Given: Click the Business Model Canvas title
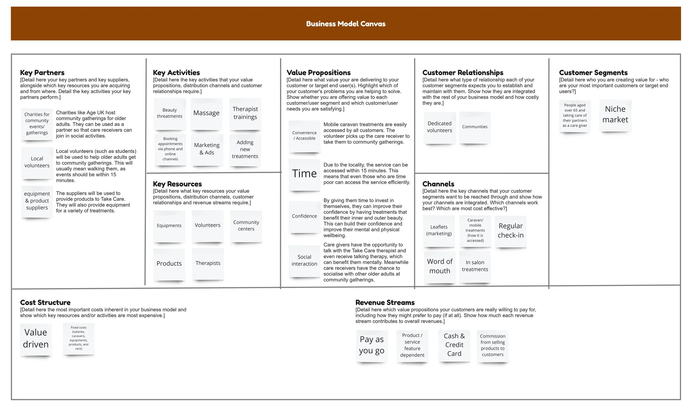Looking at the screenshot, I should tap(345, 24).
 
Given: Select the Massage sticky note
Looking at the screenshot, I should tap(206, 113).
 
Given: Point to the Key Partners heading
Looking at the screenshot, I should tap(42, 73).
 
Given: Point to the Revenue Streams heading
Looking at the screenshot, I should tap(385, 302).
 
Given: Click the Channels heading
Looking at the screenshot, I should tap(438, 184).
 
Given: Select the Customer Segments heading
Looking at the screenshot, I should tap(593, 73).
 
